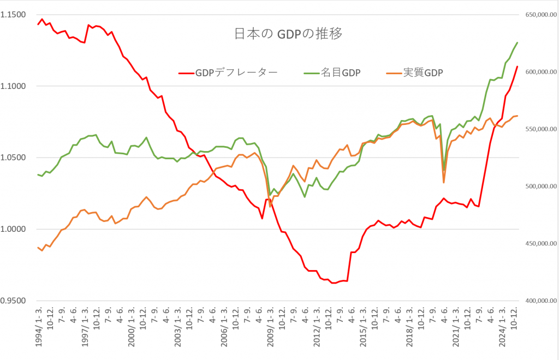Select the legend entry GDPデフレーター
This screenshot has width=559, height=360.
point(236,73)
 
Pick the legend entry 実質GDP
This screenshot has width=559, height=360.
point(423,73)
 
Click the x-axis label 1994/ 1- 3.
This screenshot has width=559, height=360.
point(39,327)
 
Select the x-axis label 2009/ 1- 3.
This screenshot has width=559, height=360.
point(271,327)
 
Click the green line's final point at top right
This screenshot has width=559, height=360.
point(517,43)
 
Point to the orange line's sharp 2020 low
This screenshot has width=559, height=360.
point(444,182)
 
